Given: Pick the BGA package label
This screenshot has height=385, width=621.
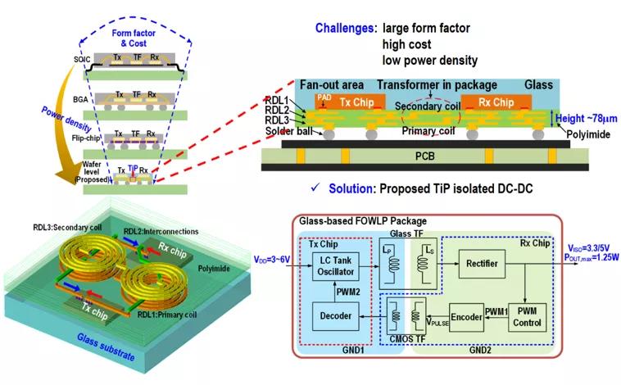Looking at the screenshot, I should tap(79, 98).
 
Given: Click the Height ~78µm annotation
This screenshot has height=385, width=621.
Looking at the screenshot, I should tap(584, 119).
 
